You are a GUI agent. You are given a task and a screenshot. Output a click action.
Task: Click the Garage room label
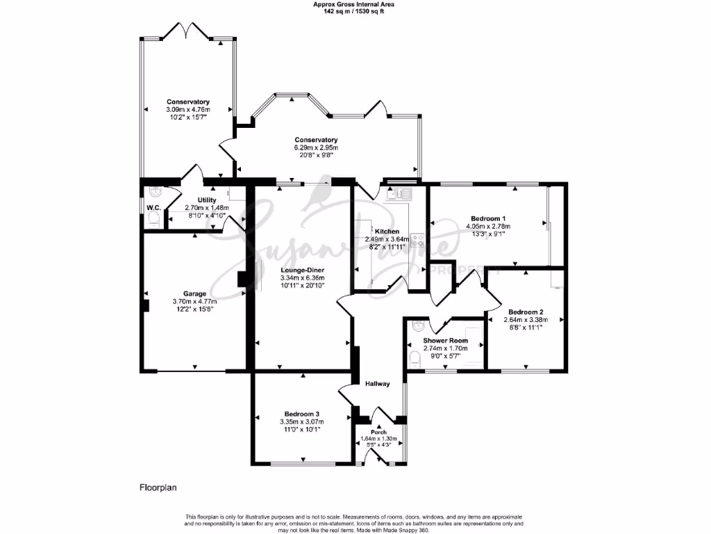pyautogui.click(x=194, y=293)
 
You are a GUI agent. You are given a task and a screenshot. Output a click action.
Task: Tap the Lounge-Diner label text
pyautogui.click(x=302, y=269)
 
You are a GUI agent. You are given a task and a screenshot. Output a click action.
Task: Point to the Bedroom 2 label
pyautogui.click(x=526, y=311)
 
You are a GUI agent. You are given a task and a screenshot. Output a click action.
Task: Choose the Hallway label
pyautogui.click(x=377, y=384)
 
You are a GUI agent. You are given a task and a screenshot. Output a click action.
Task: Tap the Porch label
pyautogui.click(x=378, y=432)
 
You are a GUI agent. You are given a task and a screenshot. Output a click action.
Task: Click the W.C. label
pyautogui.click(x=153, y=207)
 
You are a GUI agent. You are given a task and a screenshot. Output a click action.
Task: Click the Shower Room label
pyautogui.click(x=445, y=340)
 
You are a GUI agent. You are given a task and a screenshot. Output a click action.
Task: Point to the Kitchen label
pyautogui.click(x=387, y=232)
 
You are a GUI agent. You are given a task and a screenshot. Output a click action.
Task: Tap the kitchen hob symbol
pyautogui.click(x=417, y=241)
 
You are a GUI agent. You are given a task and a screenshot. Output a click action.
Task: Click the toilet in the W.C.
pyautogui.click(x=154, y=220)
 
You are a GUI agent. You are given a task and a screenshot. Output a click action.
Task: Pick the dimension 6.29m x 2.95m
pyautogui.click(x=315, y=147)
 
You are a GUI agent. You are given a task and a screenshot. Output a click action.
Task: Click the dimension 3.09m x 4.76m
pyautogui.click(x=187, y=110)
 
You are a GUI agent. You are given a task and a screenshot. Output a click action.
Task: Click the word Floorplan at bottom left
pyautogui.click(x=158, y=487)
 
